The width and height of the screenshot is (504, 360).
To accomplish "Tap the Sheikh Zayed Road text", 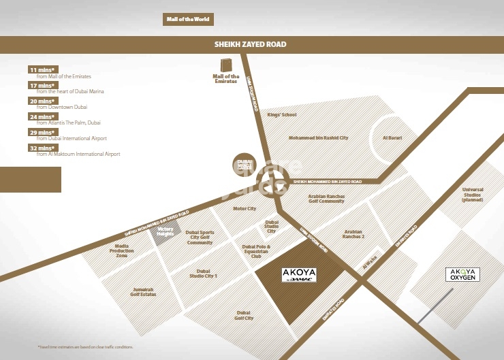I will coord(251,45).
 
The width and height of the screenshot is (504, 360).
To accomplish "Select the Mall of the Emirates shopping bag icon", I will coord(226,65).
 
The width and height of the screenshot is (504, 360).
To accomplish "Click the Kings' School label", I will coord(282,115).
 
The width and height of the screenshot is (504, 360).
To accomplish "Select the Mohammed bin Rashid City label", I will coord(318,138).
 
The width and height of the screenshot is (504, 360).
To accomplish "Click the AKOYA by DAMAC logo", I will coord(298,275).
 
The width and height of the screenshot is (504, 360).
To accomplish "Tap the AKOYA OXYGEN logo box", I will coord(463,275).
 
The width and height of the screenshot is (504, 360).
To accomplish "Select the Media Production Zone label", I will coord(122,250).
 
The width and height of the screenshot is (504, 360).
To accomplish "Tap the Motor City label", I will coord(245,209).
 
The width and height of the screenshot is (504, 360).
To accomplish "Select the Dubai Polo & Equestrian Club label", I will coord(257,251).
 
